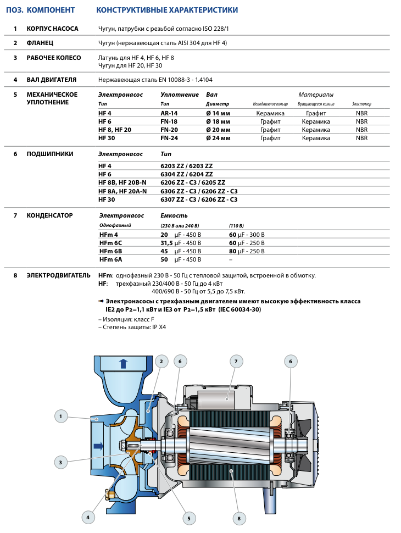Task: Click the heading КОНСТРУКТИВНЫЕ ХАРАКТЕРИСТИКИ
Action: point(167,10)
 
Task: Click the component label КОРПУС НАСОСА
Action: point(52,29)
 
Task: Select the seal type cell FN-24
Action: point(169,138)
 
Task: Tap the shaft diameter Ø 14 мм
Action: point(218,113)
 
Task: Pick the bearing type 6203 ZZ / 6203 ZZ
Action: point(187,166)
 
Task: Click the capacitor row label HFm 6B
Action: point(110,251)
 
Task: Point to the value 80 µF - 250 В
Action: point(247,251)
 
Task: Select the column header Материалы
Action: point(316,95)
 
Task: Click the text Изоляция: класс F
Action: point(129,319)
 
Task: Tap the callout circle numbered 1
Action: point(61,416)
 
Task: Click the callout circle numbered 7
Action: point(236,362)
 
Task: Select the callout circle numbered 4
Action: point(88,518)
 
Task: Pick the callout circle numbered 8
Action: point(239,518)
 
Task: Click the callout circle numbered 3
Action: point(61,462)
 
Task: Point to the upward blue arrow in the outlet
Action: point(124,364)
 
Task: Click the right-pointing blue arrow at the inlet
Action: point(98,446)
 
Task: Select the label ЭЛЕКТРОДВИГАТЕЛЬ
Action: point(58,275)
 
